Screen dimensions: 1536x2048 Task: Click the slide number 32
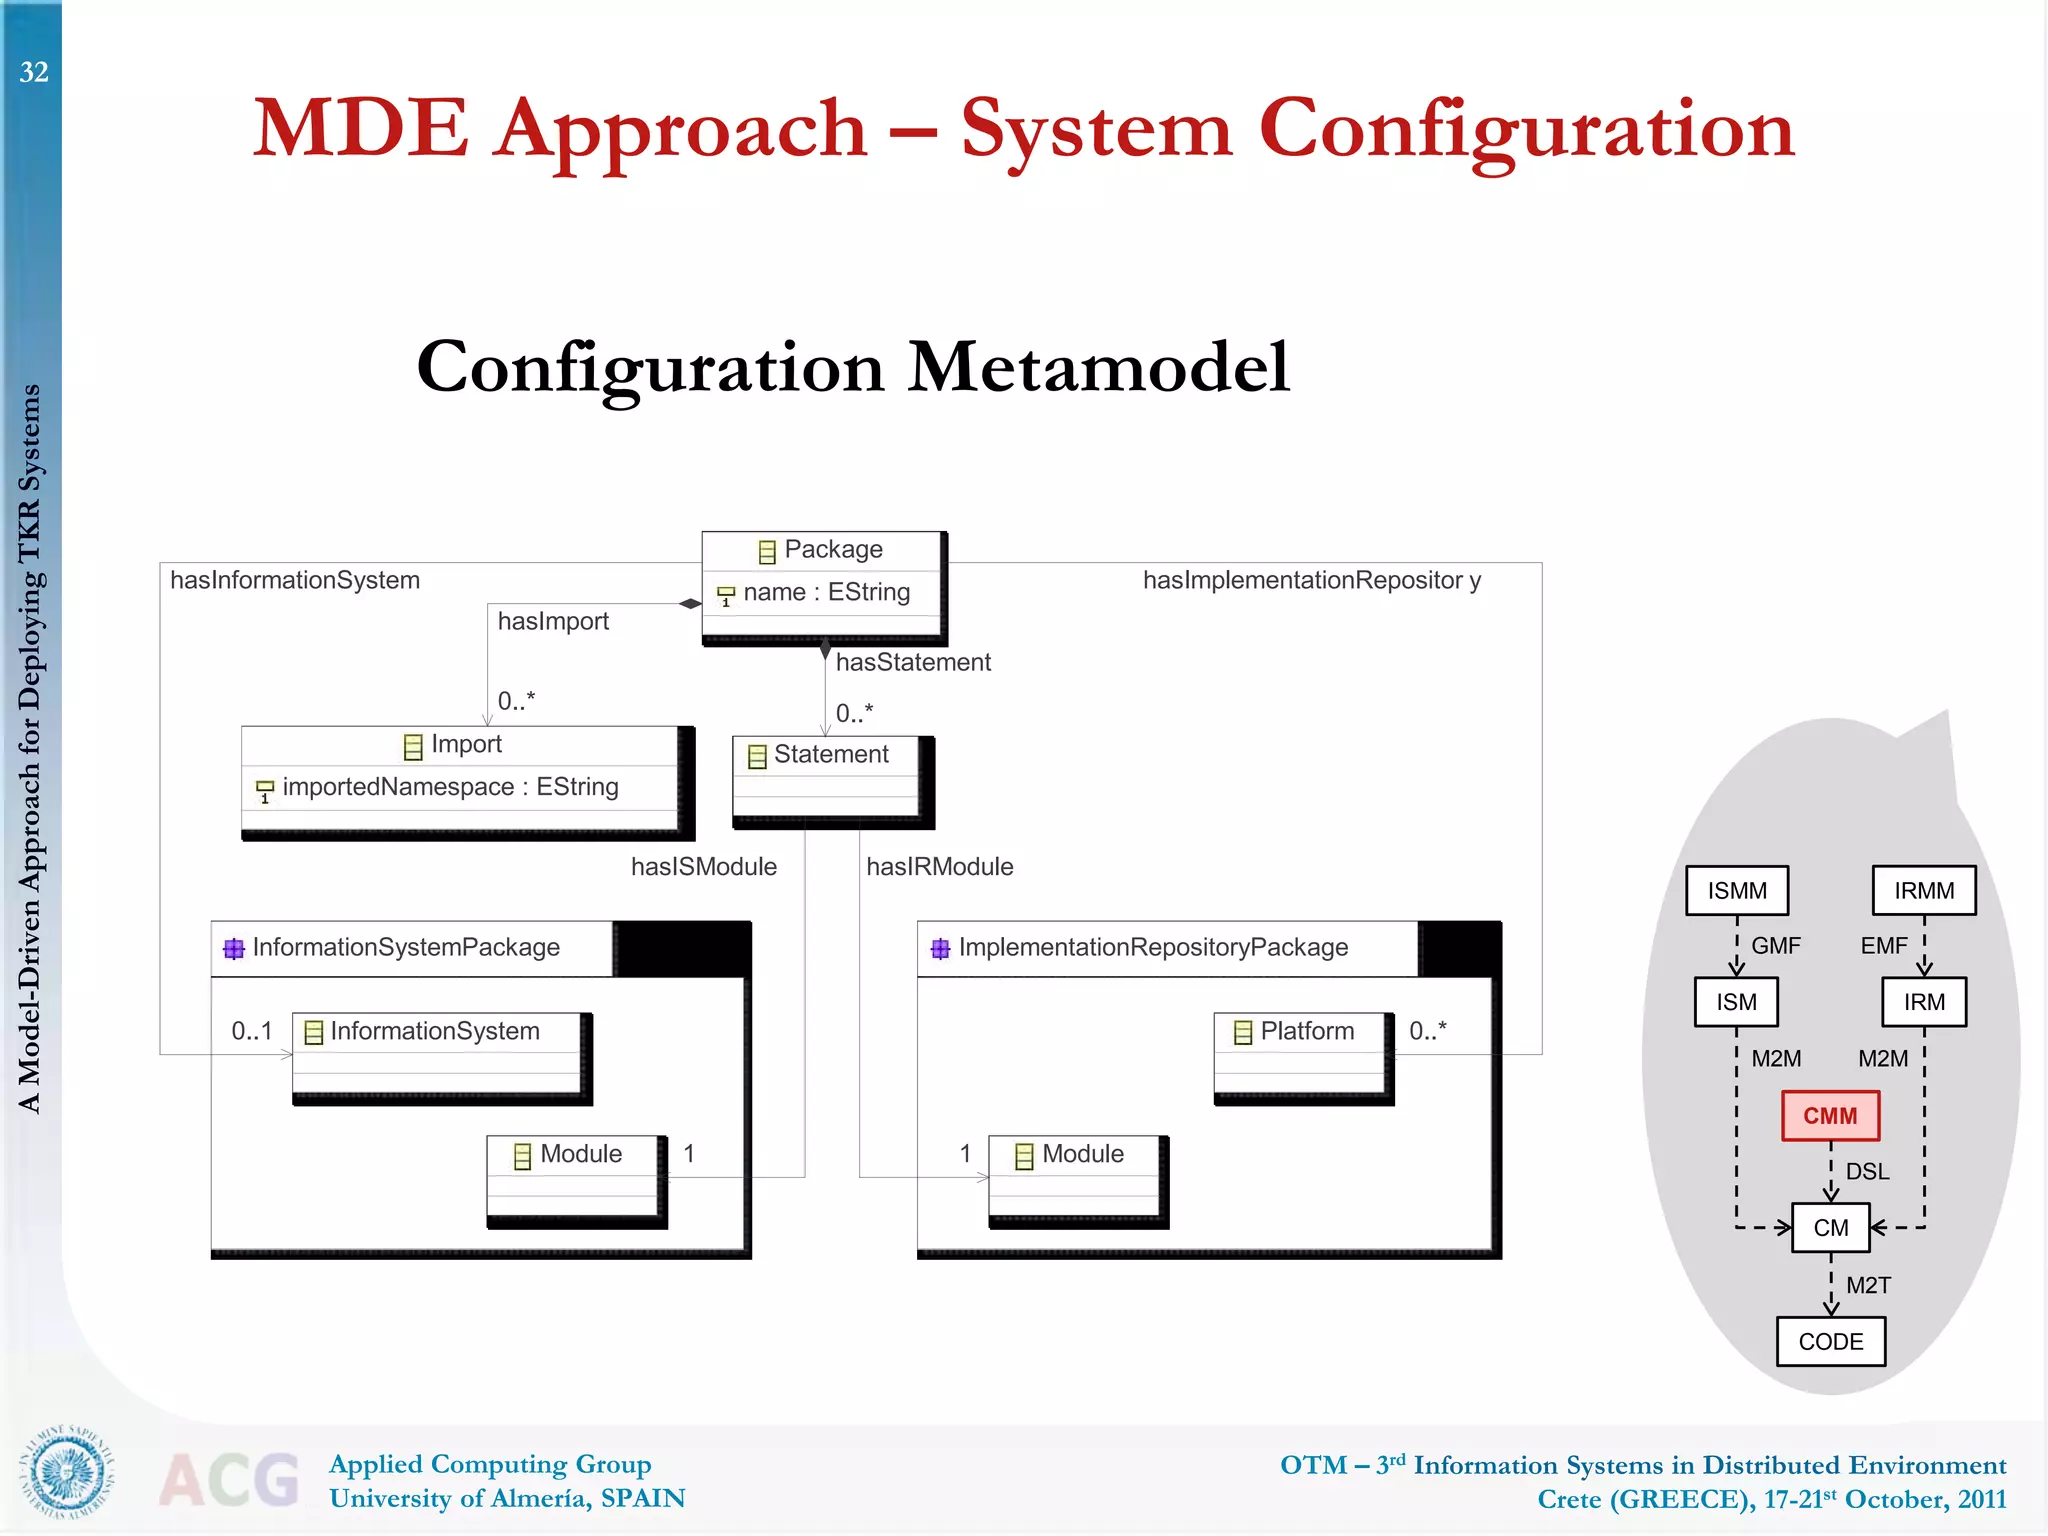click(x=34, y=72)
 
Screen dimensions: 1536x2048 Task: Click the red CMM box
click(x=1830, y=1116)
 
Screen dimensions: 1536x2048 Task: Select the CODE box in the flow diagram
click(x=1830, y=1342)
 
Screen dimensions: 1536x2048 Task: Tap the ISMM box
click(x=1737, y=891)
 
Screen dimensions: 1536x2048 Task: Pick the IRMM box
click(x=1924, y=891)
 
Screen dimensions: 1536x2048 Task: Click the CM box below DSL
click(x=1830, y=1228)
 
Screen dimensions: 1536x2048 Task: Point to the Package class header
click(x=823, y=550)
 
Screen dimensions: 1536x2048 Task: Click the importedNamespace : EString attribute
click(x=450, y=788)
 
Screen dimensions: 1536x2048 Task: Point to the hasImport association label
click(x=553, y=622)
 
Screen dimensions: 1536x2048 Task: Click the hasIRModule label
click(x=939, y=867)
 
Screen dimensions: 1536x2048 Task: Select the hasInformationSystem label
click(x=295, y=581)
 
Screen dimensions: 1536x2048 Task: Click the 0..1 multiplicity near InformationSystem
click(x=251, y=1031)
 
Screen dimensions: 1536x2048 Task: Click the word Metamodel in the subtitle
click(x=1098, y=368)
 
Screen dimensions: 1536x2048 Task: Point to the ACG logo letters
click(x=230, y=1480)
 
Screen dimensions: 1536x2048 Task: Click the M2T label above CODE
click(x=1867, y=1286)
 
